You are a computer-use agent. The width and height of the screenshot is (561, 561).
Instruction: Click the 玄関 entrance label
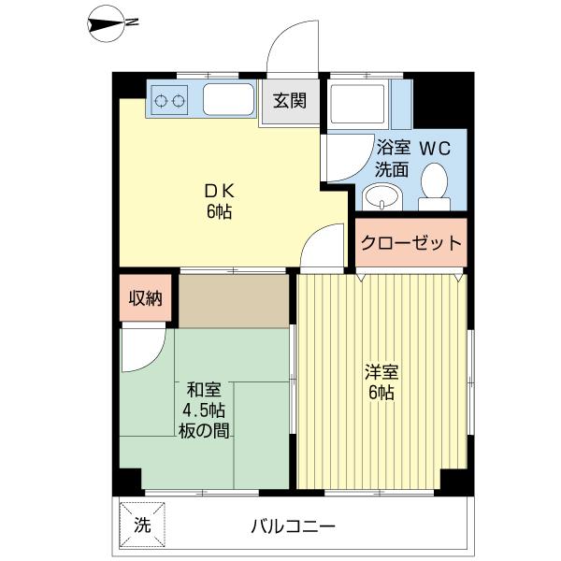290,101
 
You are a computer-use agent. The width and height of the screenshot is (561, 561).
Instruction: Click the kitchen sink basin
229,99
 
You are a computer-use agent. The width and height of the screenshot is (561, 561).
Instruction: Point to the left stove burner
161,101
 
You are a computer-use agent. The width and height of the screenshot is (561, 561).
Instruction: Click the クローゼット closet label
411,243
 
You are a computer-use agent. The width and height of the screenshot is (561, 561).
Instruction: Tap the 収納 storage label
145,298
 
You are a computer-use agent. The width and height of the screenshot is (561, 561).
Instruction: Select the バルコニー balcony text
293,526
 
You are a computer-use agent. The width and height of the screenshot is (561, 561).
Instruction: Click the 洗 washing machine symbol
142,525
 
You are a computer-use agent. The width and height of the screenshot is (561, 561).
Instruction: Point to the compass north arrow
107,24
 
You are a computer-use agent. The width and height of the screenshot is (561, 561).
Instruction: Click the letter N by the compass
133,22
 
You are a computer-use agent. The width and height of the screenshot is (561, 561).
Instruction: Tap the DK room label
219,192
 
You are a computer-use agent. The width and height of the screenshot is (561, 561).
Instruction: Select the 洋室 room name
381,372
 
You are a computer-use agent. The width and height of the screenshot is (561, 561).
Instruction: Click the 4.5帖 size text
204,410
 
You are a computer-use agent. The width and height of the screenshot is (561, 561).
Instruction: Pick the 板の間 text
204,430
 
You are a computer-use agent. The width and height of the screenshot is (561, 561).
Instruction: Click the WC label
435,149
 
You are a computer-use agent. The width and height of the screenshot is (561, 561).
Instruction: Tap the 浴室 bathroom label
393,148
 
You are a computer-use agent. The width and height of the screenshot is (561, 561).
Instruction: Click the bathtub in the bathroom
358,102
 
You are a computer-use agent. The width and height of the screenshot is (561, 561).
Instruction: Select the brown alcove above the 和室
234,301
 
